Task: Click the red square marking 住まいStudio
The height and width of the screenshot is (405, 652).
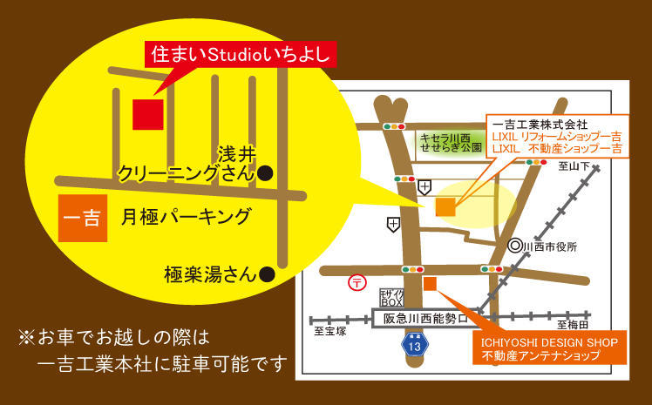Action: click(x=147, y=114)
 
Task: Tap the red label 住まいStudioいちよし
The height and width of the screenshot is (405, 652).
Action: click(x=240, y=54)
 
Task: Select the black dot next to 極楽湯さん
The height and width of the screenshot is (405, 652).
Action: click(x=268, y=275)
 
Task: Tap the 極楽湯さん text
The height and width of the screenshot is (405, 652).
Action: click(x=208, y=275)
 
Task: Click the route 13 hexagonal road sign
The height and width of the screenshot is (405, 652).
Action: click(x=413, y=344)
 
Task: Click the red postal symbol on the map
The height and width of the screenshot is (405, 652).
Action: click(x=357, y=282)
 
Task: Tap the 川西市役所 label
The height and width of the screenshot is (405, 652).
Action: click(x=551, y=247)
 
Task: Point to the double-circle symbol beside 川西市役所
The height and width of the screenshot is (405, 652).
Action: click(x=515, y=247)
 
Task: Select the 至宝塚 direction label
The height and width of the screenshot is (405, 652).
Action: click(x=331, y=332)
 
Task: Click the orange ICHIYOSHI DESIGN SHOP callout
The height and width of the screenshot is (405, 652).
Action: click(x=548, y=348)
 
